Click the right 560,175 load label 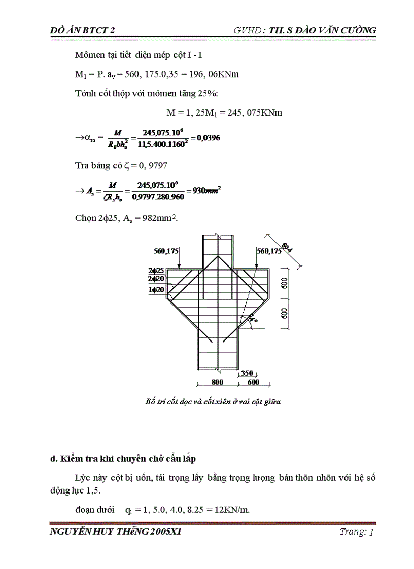(x=269, y=250)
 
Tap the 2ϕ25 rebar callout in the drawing (x=155, y=271)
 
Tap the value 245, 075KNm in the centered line (x=254, y=112)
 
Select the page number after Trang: (x=372, y=532)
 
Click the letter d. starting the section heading (x=53, y=459)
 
